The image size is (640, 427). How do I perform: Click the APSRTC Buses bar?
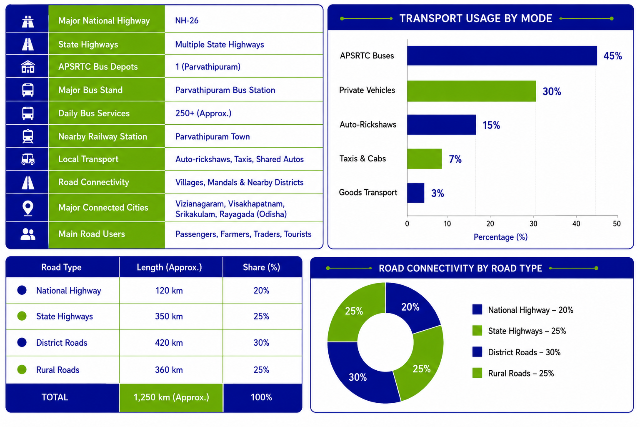click(502, 55)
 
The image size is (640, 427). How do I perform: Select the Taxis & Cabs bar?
click(424, 159)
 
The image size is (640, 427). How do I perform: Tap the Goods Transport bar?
click(416, 193)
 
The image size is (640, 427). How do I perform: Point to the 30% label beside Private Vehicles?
click(552, 91)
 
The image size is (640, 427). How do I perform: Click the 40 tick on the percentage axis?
click(576, 224)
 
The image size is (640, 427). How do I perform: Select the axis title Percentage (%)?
click(500, 237)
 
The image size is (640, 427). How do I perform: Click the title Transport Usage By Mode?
click(476, 18)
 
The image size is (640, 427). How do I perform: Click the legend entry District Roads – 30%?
click(517, 352)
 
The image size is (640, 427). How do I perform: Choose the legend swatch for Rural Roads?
click(477, 373)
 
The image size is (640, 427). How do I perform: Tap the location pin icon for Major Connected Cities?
click(28, 208)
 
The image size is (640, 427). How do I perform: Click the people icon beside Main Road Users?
click(28, 234)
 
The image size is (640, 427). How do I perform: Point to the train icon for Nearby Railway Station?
click(28, 136)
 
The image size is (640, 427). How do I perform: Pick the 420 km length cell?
click(169, 343)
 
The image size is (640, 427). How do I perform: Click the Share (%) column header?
click(261, 267)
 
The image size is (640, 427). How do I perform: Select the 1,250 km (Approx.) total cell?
click(171, 397)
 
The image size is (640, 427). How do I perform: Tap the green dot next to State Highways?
click(22, 316)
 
